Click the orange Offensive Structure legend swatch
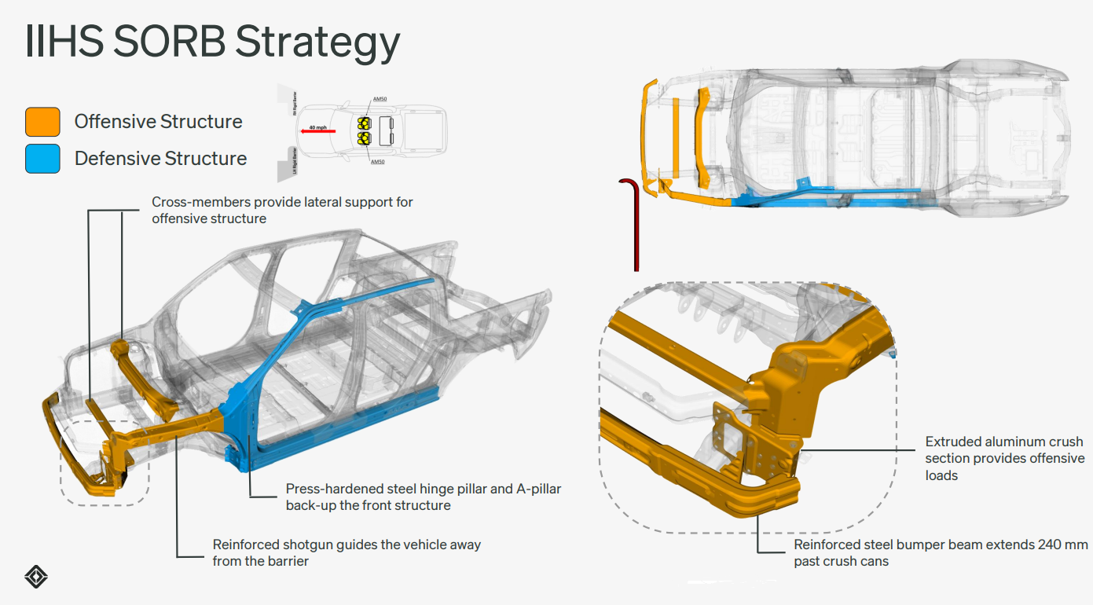pos(42,122)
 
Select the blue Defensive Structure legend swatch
pos(42,158)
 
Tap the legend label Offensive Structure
pos(158,122)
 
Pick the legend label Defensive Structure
pos(160,159)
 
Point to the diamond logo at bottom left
pos(36,577)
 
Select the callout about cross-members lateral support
pos(282,210)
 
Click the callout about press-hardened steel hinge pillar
pos(423,497)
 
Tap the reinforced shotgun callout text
pos(347,552)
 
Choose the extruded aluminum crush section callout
pos(1004,458)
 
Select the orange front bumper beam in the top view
pos(647,134)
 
